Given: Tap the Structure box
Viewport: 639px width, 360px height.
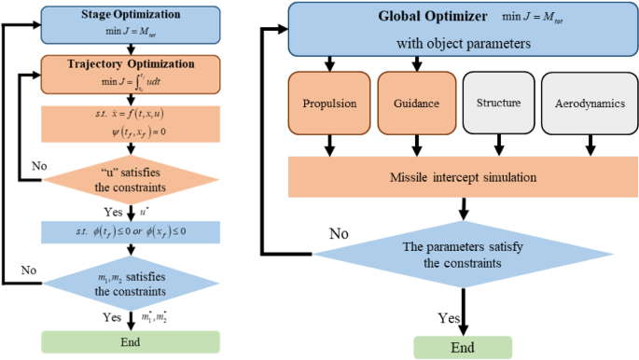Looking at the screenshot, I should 499,103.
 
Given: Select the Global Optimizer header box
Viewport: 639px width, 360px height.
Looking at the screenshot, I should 456,29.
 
